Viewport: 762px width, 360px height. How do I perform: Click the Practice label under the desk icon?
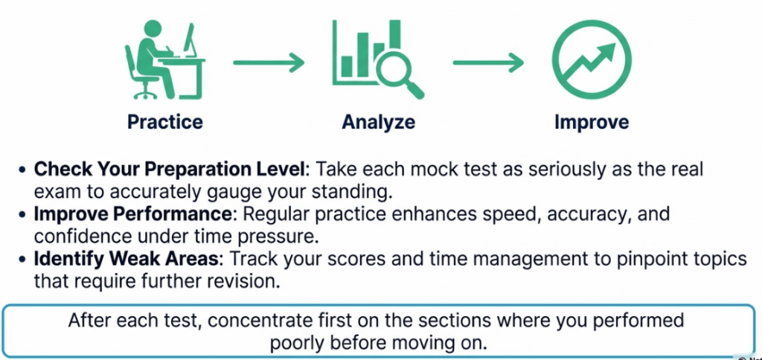[164, 122]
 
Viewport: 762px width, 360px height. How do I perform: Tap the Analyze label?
[378, 122]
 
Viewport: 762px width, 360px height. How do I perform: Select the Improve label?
[592, 122]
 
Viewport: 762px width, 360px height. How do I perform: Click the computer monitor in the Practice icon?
[190, 41]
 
